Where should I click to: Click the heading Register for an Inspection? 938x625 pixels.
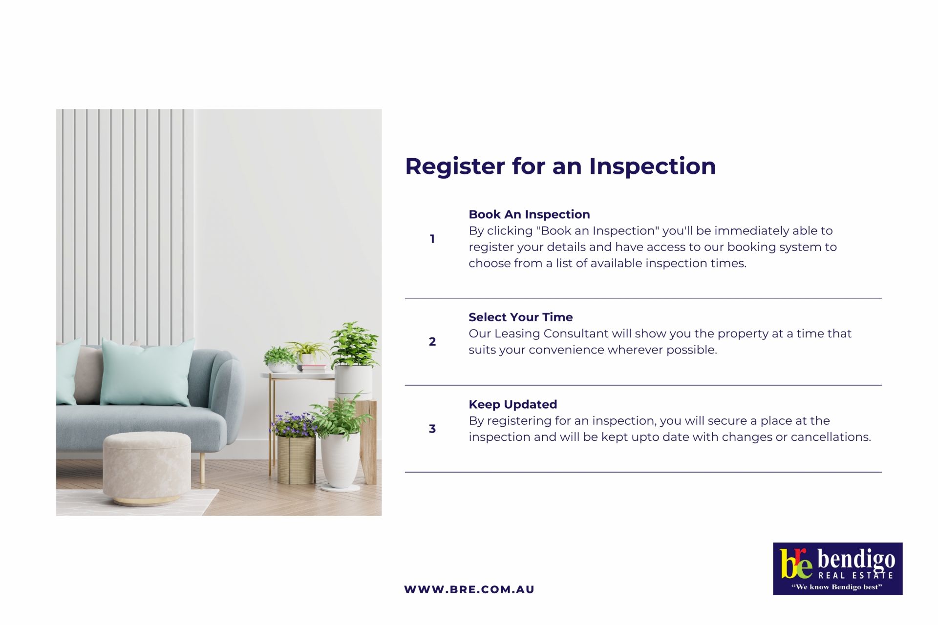click(560, 167)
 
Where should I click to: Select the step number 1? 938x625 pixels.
click(432, 239)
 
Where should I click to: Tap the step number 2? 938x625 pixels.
click(432, 342)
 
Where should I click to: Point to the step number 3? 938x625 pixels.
click(432, 429)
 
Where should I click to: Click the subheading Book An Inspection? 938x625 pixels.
click(529, 214)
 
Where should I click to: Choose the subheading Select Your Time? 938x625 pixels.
click(520, 317)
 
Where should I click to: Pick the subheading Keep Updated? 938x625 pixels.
click(512, 404)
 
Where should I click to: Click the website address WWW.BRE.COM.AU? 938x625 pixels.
click(469, 589)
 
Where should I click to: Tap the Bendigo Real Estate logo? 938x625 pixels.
click(837, 569)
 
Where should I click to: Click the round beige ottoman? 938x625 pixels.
click(147, 469)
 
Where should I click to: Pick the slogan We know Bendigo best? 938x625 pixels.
click(837, 587)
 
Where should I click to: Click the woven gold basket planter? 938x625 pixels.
click(296, 460)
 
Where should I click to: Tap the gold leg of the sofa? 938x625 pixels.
click(202, 468)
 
